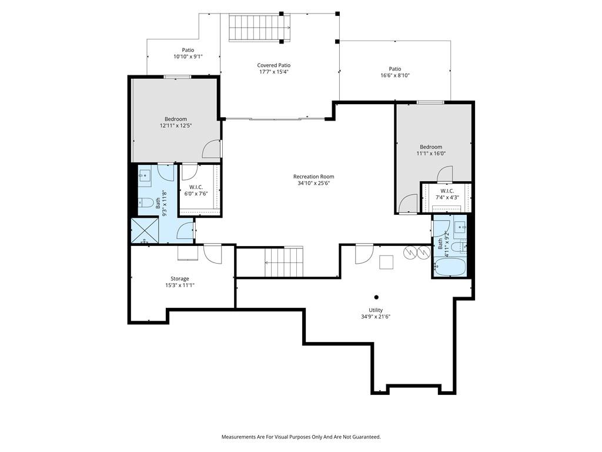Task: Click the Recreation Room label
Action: point(314,177)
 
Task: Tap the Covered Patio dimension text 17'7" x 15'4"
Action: point(274,72)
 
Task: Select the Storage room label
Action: point(180,278)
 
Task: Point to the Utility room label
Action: point(376,310)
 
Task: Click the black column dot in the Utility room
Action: point(376,297)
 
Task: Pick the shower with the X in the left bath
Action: point(145,231)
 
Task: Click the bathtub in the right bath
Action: point(450,267)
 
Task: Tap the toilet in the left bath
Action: point(145,202)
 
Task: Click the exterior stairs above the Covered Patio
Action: point(259,27)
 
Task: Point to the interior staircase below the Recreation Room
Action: point(284,262)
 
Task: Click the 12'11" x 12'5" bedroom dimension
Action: point(176,126)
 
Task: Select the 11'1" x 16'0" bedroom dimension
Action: point(431,154)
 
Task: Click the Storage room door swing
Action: point(213,254)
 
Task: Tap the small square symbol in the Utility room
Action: point(386,262)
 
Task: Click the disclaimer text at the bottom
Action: point(301,437)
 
